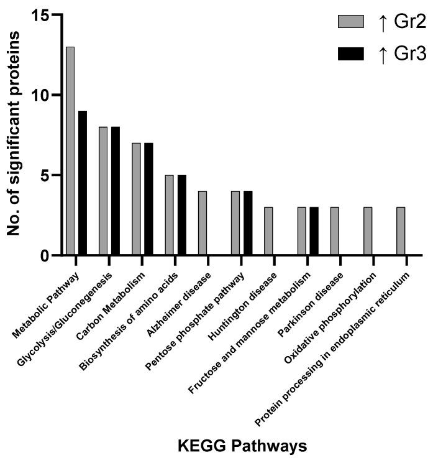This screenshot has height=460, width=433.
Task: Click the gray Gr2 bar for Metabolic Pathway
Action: (70, 151)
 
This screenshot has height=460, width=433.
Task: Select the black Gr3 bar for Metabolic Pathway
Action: (83, 182)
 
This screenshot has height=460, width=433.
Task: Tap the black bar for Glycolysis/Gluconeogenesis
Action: (116, 190)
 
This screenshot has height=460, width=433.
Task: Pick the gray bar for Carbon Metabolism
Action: (136, 199)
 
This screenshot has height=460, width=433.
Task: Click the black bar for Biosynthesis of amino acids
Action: (182, 215)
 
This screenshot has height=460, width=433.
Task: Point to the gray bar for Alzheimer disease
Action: (203, 223)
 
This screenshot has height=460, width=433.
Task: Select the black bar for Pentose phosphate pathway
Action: (248, 223)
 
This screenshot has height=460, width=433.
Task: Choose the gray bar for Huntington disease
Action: (268, 231)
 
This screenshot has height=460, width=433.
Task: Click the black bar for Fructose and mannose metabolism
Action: (314, 231)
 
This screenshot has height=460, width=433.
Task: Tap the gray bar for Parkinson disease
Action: (335, 231)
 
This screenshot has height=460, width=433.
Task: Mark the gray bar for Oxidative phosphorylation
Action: (368, 231)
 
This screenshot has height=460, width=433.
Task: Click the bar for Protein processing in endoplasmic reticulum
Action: (401, 231)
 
